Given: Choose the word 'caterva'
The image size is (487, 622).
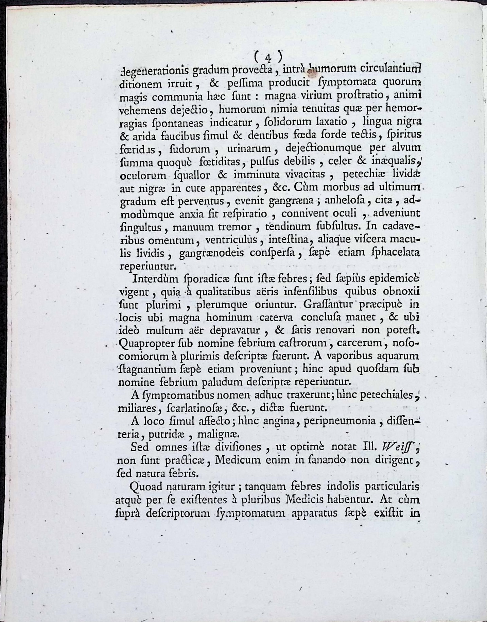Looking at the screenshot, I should point(278,317).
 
